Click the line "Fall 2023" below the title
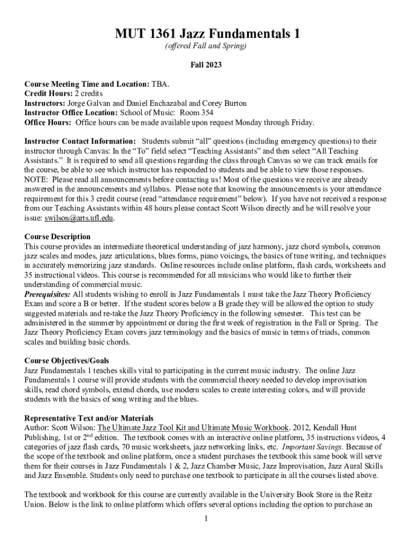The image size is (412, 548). tap(206, 65)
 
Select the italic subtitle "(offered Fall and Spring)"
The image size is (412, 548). tap(206, 47)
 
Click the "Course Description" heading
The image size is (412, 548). tap(57, 237)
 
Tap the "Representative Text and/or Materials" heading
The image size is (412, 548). tap(89, 418)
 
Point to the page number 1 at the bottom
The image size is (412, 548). tap(206, 519)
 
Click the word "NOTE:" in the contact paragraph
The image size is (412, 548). tap(35, 180)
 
